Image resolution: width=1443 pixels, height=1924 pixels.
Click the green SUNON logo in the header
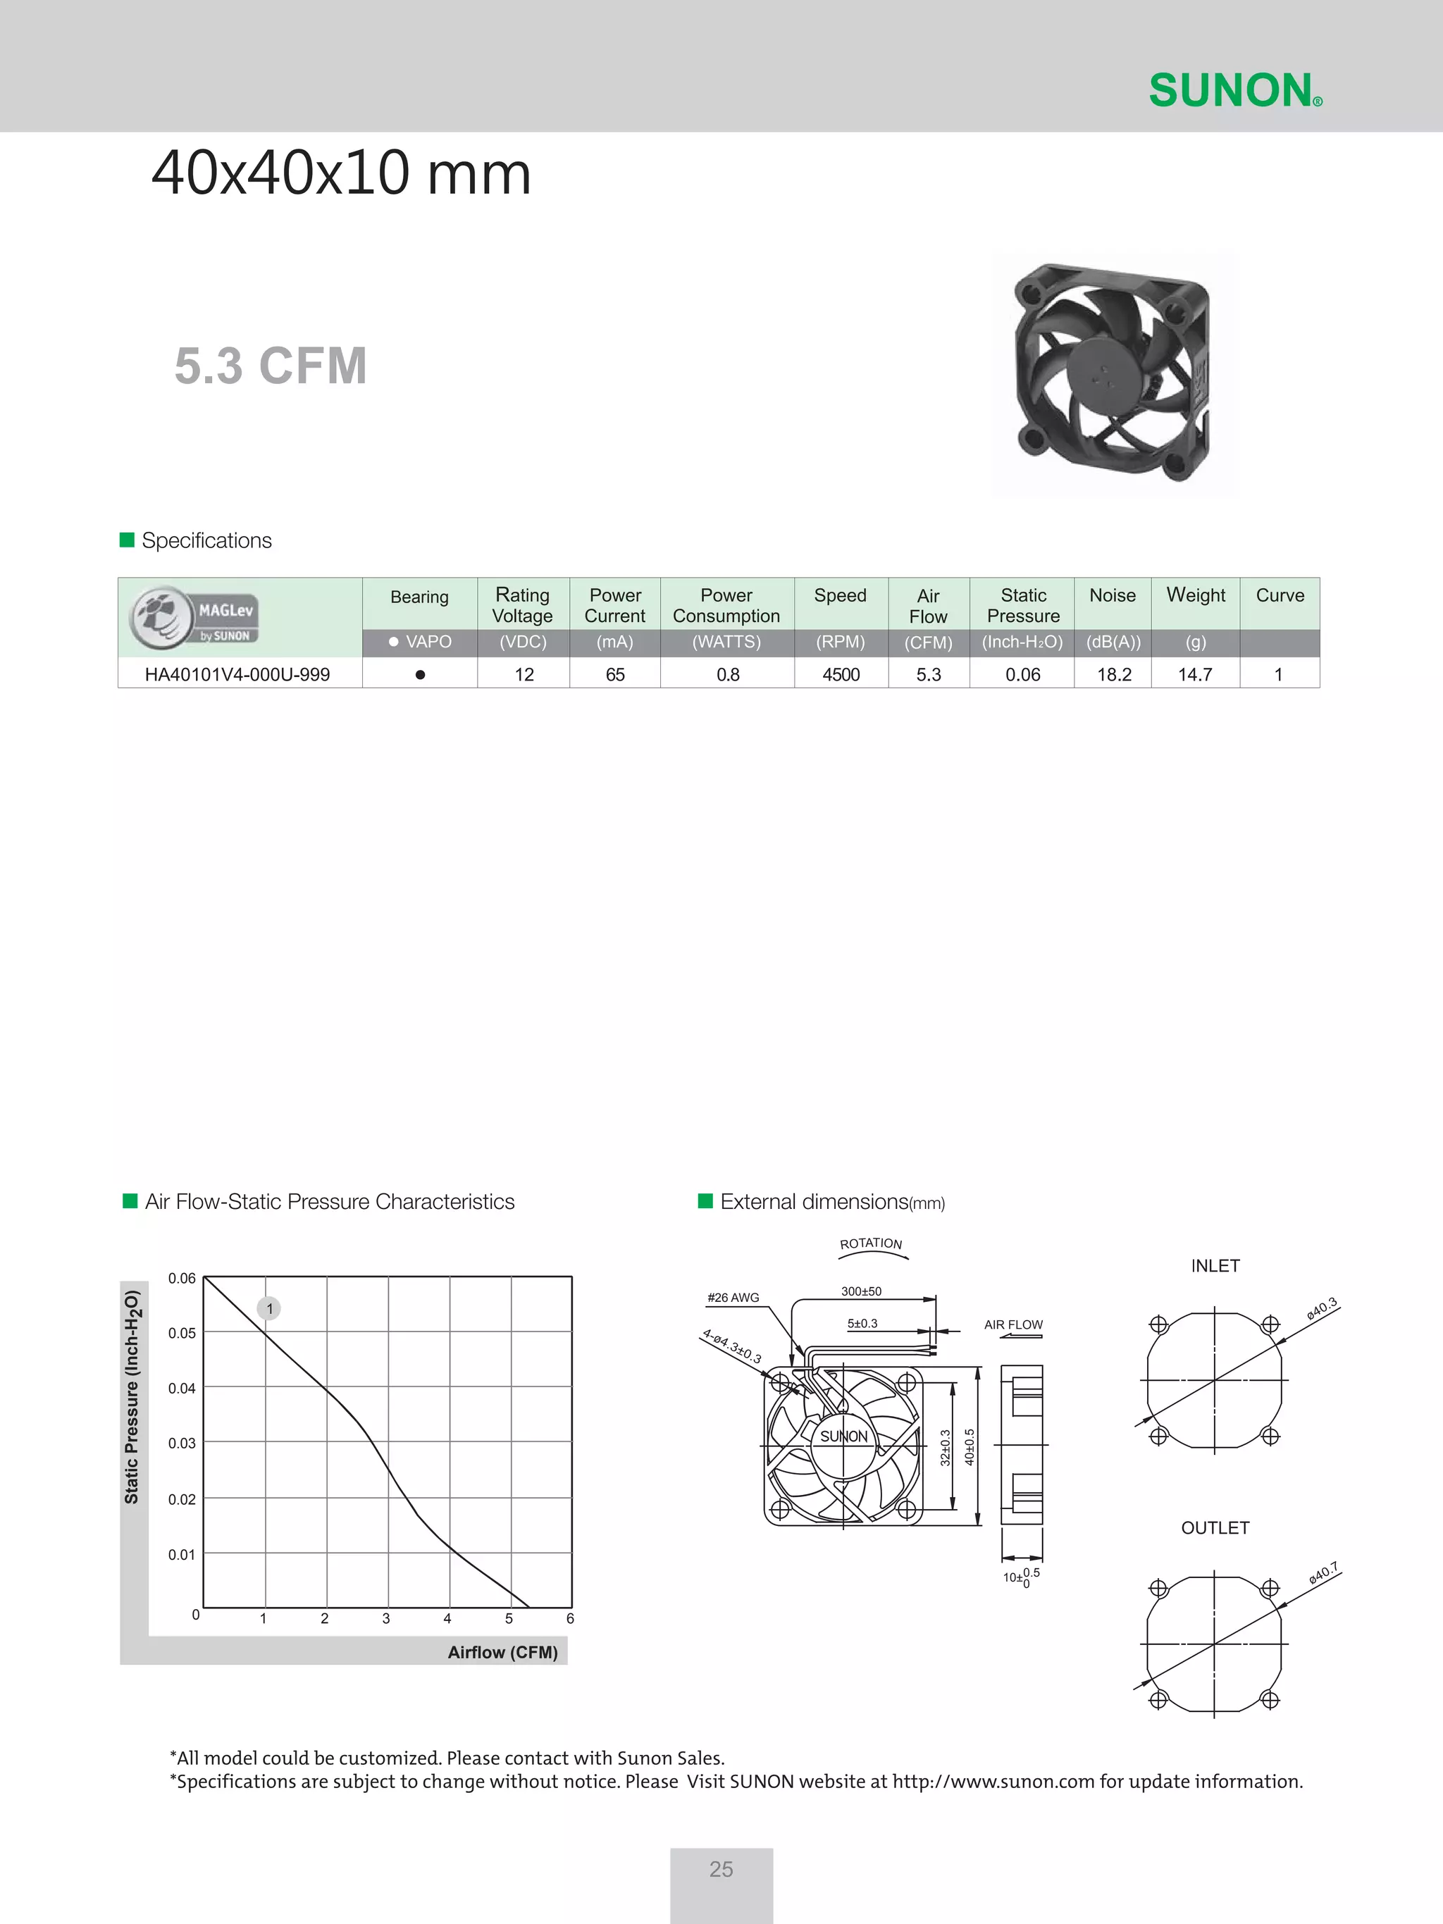[1234, 90]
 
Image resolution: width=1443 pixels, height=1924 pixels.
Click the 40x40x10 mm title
[341, 173]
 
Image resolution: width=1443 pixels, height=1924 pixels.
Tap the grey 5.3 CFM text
[271, 366]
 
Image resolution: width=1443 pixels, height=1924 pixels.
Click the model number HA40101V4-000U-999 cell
[237, 675]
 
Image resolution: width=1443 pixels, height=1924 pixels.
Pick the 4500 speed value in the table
[841, 675]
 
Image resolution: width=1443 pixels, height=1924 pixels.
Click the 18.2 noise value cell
[1113, 675]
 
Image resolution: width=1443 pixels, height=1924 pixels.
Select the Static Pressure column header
[1023, 605]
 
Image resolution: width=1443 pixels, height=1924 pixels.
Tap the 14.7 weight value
[1195, 675]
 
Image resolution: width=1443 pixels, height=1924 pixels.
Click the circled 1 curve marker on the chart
[270, 1308]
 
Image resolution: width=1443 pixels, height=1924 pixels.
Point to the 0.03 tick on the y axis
[182, 1443]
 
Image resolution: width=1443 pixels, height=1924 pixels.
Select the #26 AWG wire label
[733, 1298]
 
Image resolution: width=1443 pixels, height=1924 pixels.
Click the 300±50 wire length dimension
[861, 1291]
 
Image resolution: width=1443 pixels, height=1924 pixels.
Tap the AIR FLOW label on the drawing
[1013, 1324]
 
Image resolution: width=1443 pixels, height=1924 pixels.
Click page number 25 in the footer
[721, 1869]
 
